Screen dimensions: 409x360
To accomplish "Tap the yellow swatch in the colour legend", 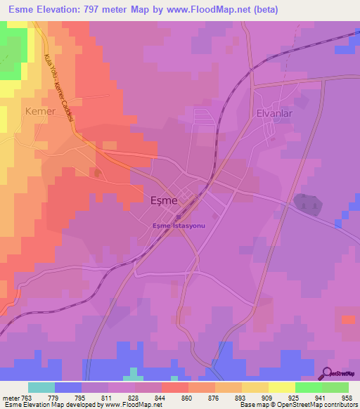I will (281, 387).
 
